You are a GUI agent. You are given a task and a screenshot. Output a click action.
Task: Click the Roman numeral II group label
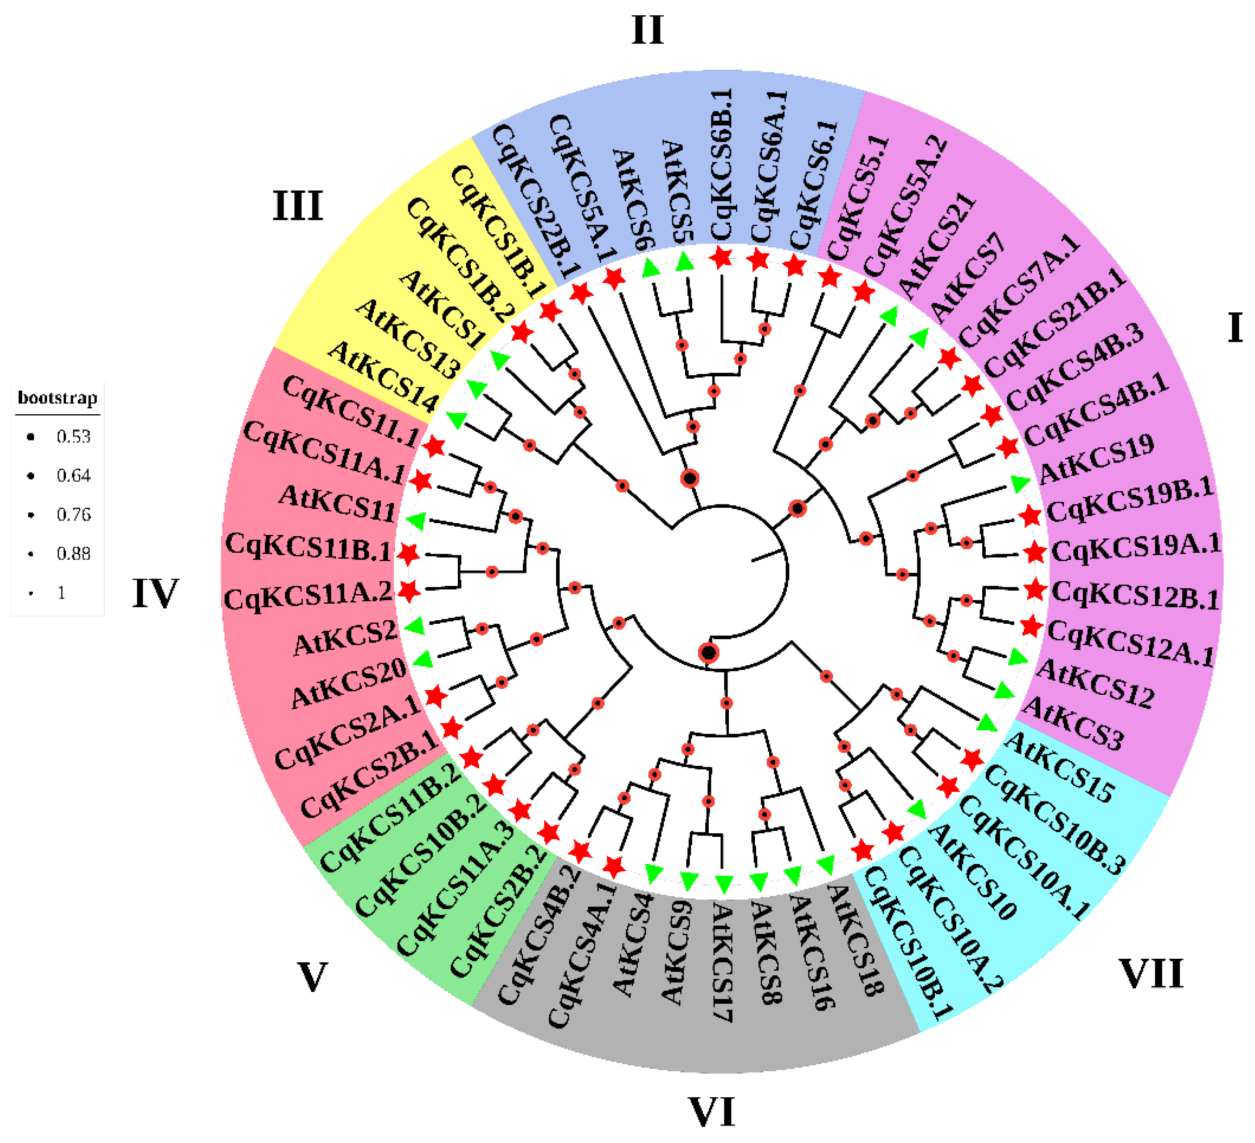click(x=647, y=30)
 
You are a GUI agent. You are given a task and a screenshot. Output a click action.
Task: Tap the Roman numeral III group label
click(x=298, y=206)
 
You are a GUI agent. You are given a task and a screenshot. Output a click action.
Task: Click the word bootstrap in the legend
click(x=57, y=398)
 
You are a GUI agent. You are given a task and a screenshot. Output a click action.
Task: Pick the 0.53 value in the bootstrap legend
click(x=74, y=436)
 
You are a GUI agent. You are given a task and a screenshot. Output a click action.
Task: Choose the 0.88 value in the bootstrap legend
click(x=74, y=554)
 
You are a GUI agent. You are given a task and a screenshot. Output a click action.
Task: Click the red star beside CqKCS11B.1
click(x=408, y=554)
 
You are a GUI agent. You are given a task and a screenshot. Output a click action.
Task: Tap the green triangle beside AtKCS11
click(x=416, y=521)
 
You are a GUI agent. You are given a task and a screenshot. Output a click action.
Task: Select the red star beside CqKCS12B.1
click(x=1035, y=589)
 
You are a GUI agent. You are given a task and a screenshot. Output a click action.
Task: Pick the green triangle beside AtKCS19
click(x=1019, y=483)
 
